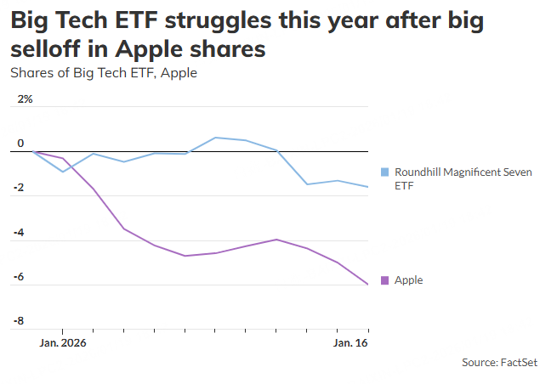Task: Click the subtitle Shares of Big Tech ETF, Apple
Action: (104, 73)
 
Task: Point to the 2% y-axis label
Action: (25, 99)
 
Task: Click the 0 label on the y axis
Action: (21, 144)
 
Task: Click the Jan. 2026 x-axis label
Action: (63, 343)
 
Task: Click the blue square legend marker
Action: (385, 172)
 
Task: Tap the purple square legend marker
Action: (385, 280)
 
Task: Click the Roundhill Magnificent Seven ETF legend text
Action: (463, 178)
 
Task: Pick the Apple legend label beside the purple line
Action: (408, 280)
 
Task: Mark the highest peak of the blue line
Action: (215, 137)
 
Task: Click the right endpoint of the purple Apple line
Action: (368, 285)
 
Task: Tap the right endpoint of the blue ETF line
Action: (368, 187)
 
